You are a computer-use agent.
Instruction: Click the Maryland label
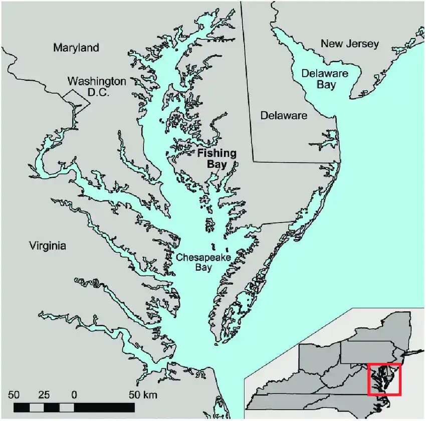[76, 48]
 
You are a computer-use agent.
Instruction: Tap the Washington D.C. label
[97, 86]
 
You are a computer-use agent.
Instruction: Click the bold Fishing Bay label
[217, 159]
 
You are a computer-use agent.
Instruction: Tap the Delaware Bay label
[326, 79]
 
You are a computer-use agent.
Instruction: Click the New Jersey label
[350, 44]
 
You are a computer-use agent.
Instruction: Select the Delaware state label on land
[284, 116]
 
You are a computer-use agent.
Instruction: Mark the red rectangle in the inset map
[384, 379]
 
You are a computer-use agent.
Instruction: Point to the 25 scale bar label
[45, 394]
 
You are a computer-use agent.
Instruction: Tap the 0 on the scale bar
[74, 394]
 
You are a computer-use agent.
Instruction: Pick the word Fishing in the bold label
[217, 154]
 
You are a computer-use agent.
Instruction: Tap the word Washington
[97, 81]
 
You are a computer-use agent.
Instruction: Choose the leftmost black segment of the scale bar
[22, 407]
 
